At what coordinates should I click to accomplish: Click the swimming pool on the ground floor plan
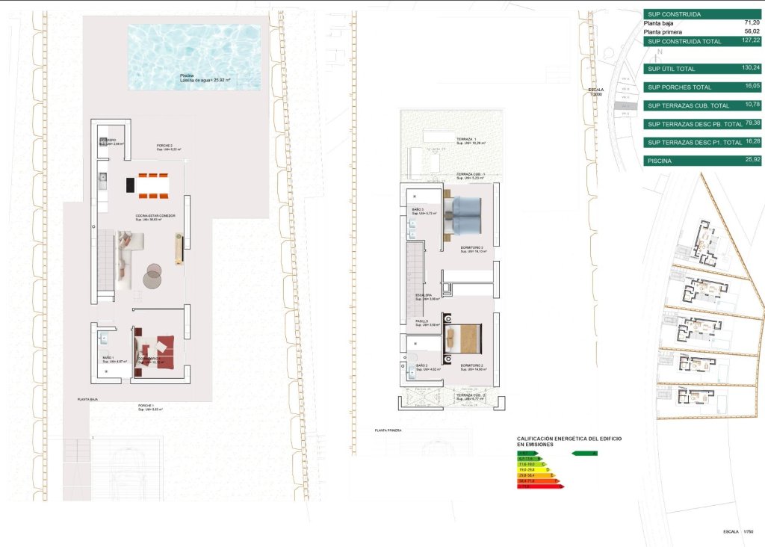point(194,56)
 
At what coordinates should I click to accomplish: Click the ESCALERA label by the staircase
point(424,297)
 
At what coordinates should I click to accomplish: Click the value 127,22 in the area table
point(752,41)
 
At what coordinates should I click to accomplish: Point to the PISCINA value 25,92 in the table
point(752,160)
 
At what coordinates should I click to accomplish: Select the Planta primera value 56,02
point(752,32)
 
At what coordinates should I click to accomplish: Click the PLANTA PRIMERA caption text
point(389,430)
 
